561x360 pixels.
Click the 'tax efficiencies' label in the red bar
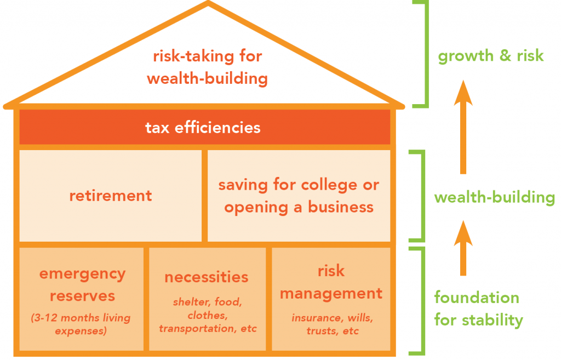(203, 128)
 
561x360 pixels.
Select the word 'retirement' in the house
(111, 196)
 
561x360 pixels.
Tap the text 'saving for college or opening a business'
(299, 196)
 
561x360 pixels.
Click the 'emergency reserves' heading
(82, 284)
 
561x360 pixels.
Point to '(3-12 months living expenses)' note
(82, 324)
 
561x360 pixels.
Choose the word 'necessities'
(207, 277)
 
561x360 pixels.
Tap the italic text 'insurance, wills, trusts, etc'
(330, 323)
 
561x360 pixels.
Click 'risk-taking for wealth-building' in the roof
(207, 67)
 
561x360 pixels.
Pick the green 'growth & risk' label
(490, 55)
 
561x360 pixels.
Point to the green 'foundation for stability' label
(478, 308)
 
